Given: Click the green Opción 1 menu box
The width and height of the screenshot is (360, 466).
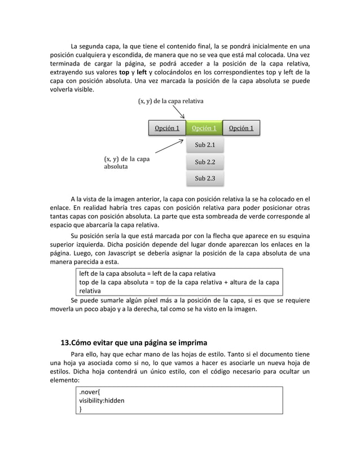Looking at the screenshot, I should [204, 129].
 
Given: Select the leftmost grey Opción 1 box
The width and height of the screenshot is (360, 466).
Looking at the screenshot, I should [167, 129].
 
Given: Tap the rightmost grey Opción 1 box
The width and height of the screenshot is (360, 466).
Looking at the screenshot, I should [241, 129].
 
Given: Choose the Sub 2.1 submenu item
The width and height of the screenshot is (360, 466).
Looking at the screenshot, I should [204, 146].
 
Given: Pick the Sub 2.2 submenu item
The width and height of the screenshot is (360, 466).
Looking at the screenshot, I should [204, 162].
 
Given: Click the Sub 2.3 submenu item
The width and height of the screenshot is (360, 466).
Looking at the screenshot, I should [204, 179].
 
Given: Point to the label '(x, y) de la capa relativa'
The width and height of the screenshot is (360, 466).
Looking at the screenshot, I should [170, 101].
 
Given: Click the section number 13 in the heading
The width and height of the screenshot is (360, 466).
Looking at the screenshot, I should [67, 343].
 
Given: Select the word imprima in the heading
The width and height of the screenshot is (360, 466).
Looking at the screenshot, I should [191, 343].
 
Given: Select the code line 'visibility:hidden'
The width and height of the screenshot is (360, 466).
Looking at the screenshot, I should [102, 401].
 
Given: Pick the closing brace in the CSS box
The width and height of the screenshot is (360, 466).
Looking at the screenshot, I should [80, 410].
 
